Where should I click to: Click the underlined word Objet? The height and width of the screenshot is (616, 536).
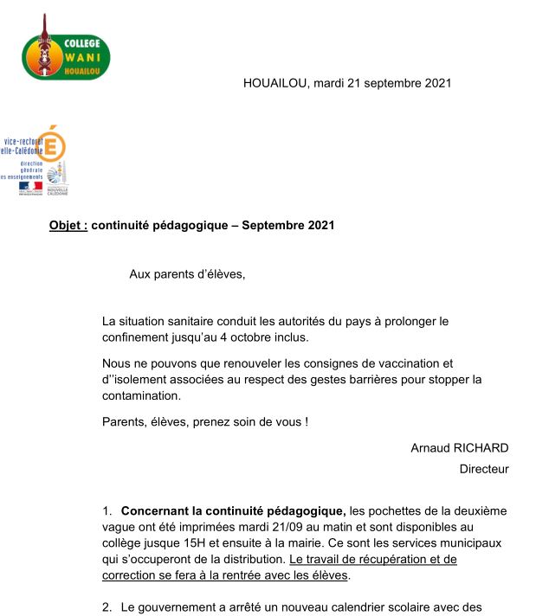[x=68, y=226]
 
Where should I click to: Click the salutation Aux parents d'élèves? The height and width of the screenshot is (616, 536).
[x=187, y=274]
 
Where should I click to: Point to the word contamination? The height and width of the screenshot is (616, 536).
[x=142, y=395]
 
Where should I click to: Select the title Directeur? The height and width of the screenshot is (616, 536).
[x=483, y=469]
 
